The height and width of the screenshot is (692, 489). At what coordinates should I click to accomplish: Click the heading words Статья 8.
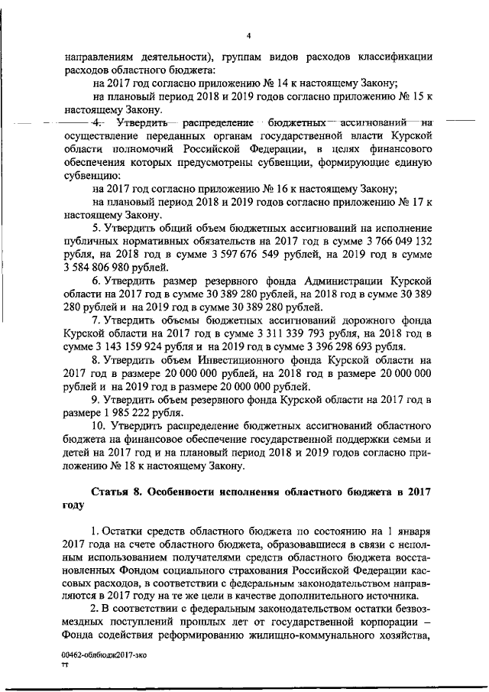pos(117,491)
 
